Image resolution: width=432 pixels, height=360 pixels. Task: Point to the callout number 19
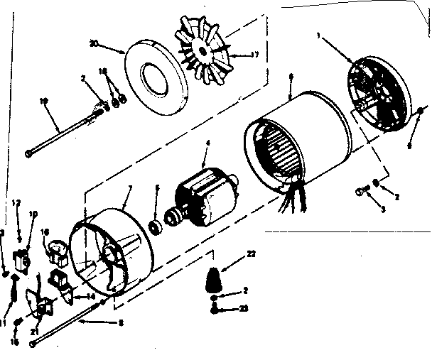[x=44, y=102]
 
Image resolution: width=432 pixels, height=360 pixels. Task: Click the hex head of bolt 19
[x=28, y=153]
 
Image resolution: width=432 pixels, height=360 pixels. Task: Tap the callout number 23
[x=244, y=309]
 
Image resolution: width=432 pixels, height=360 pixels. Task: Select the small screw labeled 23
[x=214, y=308]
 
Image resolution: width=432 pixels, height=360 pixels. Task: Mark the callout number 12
[x=15, y=202]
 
